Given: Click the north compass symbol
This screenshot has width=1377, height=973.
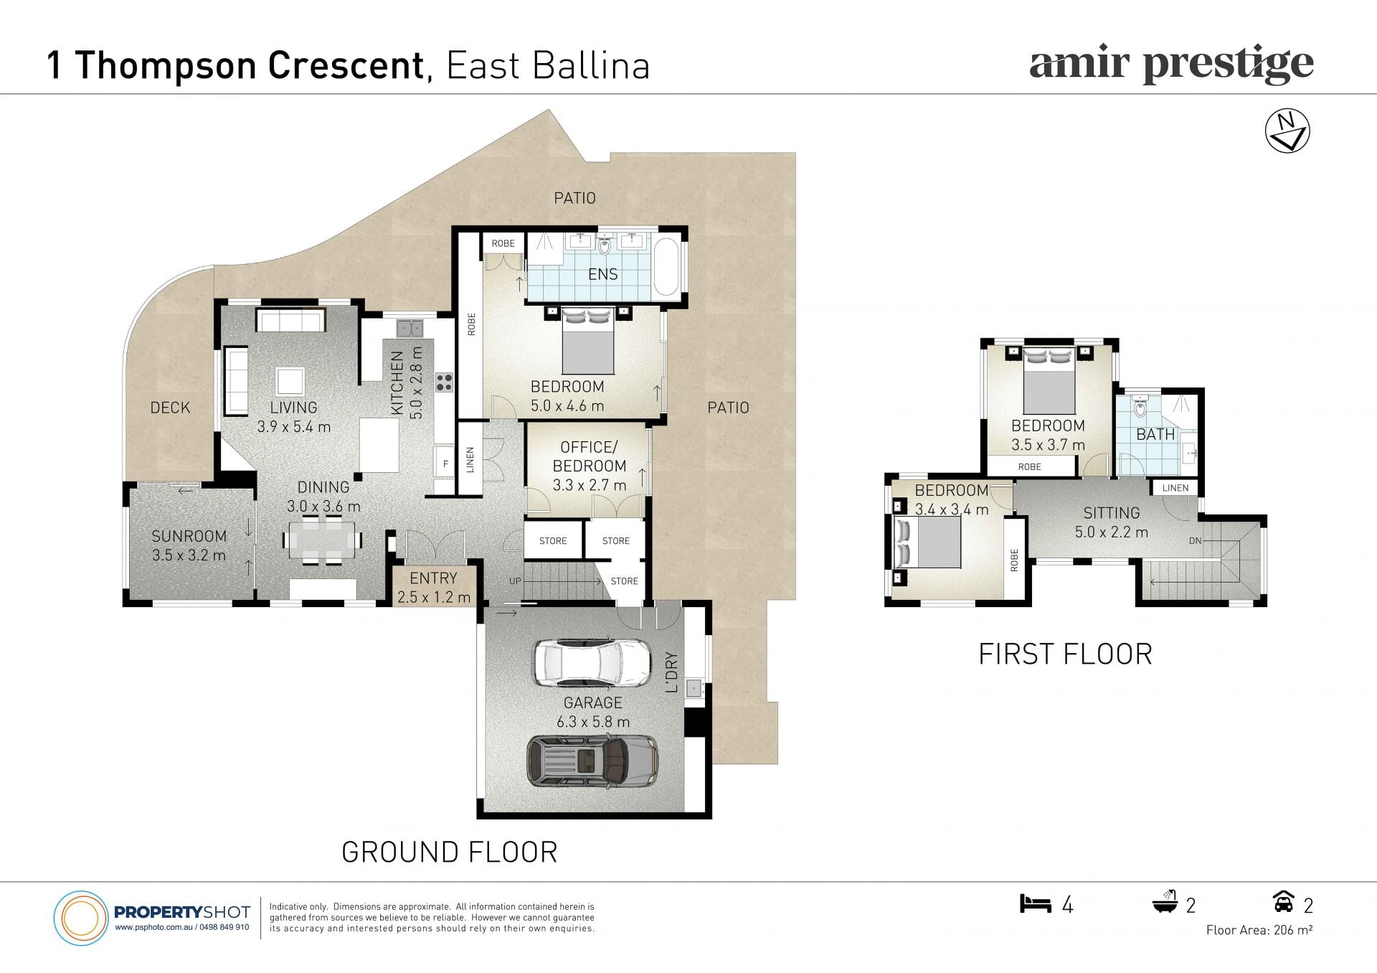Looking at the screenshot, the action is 1287,131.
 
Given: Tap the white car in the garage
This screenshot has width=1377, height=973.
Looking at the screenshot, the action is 592,662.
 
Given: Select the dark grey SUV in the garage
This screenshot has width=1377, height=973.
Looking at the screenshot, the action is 592,761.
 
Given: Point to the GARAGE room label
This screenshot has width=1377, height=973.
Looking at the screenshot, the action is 592,702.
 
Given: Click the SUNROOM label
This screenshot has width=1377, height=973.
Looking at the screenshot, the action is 189,536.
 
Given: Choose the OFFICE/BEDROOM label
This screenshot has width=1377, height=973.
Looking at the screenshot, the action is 589,456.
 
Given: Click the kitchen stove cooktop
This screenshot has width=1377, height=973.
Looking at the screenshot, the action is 444,382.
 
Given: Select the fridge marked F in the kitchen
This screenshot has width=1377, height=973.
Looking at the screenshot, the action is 445,464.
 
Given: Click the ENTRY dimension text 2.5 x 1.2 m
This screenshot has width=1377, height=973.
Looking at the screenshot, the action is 433,597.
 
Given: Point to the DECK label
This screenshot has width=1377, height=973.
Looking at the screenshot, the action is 170,408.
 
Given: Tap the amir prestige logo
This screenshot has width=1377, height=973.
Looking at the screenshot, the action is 1171,65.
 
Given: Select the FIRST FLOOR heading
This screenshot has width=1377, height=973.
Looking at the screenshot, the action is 1065,654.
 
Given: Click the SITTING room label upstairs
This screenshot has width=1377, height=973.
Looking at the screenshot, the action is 1111,513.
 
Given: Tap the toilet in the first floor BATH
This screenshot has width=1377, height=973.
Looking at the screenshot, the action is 1140,407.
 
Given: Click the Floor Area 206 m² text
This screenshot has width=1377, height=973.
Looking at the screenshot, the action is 1259,930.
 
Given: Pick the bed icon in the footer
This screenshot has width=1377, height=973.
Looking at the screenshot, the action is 1035,903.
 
